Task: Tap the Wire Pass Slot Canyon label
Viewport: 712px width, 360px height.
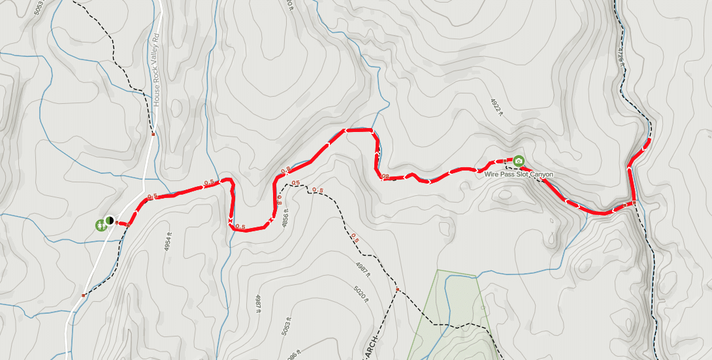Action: click(519, 174)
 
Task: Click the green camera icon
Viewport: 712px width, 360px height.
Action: click(519, 161)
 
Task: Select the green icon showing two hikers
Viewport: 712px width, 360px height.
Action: click(100, 225)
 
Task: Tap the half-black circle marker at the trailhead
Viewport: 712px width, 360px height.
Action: click(109, 221)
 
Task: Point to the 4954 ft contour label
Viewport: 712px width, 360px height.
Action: click(169, 244)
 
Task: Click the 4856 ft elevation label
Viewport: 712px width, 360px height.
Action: click(285, 216)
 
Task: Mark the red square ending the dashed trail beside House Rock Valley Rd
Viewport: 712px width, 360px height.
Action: click(153, 135)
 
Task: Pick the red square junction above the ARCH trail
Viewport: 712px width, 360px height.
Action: click(397, 288)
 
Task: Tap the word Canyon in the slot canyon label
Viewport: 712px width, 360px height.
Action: click(541, 174)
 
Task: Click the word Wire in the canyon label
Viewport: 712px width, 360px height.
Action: click(491, 174)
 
